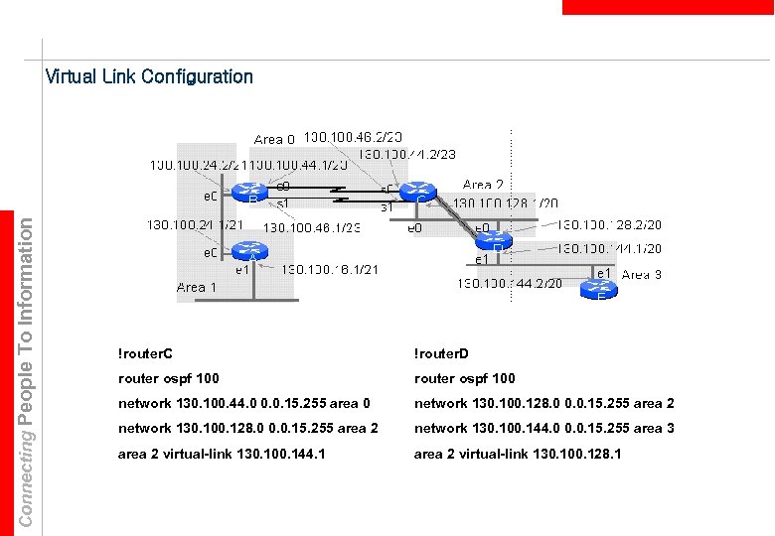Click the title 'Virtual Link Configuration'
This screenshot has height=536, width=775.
pos(149,76)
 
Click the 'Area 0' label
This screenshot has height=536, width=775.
pos(274,140)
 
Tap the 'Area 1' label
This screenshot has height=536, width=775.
pos(196,287)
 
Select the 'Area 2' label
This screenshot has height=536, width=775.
pos(483,185)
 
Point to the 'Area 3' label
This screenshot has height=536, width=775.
pos(641,274)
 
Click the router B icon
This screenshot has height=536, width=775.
pos(252,193)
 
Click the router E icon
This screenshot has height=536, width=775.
pos(599,289)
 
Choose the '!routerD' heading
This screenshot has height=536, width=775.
pos(441,353)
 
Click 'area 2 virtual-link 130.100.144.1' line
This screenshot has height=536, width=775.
pos(222,453)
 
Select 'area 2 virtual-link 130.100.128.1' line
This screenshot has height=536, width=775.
pos(518,453)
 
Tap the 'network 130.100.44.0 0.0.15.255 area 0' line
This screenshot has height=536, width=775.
pos(243,403)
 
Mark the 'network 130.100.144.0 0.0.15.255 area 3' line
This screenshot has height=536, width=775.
pos(543,428)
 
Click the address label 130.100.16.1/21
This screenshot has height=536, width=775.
pos(330,269)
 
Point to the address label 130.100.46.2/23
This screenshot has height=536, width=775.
pos(353,136)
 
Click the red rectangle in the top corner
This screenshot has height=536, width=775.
pos(668,7)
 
